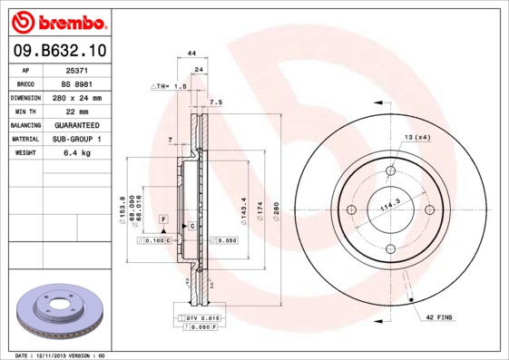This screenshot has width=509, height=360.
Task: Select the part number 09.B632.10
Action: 57,52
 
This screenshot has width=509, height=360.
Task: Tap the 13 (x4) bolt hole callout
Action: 416,137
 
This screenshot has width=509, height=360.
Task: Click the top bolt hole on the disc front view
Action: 391,170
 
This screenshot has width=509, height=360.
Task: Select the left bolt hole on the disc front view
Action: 352,210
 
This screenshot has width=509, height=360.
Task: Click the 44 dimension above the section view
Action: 191,54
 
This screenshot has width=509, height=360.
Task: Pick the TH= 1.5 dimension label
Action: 169,86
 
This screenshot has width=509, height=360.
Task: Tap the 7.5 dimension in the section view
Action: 216,102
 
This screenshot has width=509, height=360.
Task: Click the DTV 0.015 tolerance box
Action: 201,318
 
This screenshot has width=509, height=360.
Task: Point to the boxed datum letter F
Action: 164,219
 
